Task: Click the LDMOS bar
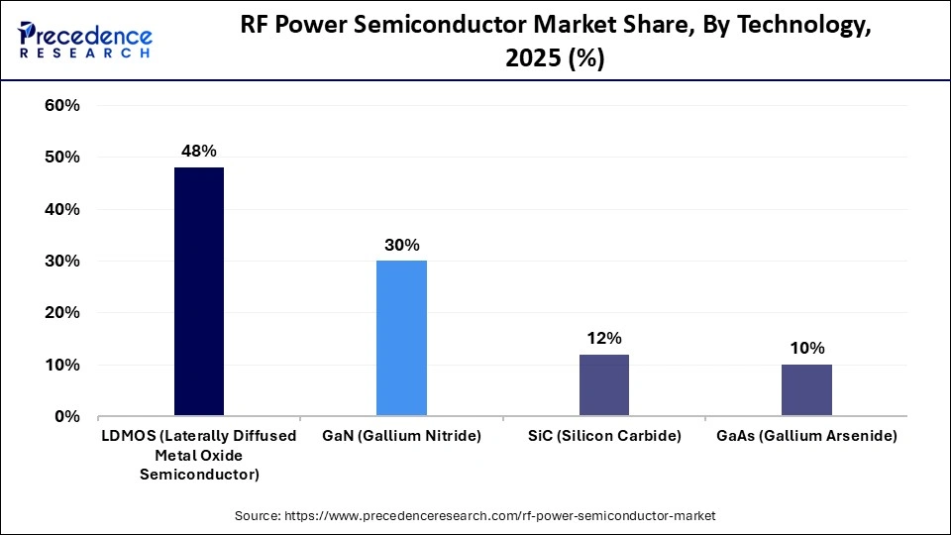point(199,291)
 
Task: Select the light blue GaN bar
point(401,338)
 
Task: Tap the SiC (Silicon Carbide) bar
point(604,384)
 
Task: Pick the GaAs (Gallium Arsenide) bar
point(806,389)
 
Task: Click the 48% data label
point(199,152)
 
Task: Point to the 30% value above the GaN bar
point(402,245)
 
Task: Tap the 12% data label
point(604,338)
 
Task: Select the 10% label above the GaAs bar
point(806,349)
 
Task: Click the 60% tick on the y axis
point(61,106)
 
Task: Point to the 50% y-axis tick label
point(61,158)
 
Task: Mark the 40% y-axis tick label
point(61,210)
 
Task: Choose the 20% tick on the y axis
point(61,313)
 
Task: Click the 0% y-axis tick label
point(66,417)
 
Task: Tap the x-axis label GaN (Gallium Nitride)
point(401,437)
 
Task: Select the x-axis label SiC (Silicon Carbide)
point(604,437)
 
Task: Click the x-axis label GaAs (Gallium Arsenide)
point(806,437)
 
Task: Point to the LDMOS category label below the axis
point(199,455)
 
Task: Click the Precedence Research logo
point(85,40)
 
